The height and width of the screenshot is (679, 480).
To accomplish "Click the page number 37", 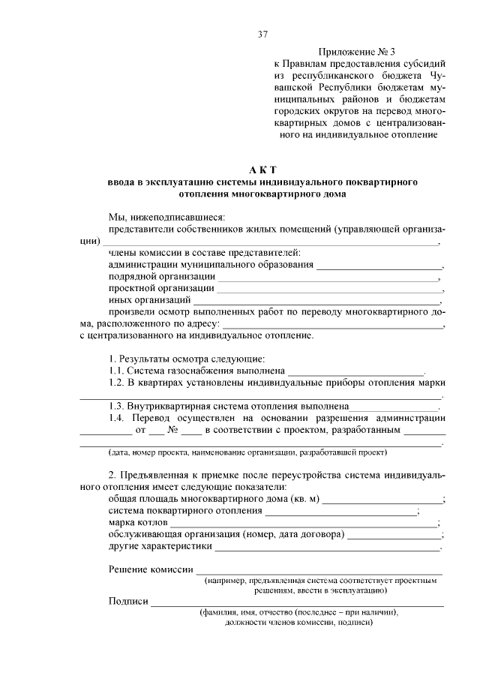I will point(262,35).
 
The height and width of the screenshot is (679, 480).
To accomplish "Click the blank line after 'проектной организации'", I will point(329,290).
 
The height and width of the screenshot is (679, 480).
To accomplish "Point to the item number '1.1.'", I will point(116,370).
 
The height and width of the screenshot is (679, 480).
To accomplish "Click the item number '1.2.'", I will point(116,382).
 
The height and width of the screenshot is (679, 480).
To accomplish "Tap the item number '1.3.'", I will point(116,406).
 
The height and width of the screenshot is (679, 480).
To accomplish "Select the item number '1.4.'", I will point(117,418).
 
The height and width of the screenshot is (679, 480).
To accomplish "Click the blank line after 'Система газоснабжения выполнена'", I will point(355,371).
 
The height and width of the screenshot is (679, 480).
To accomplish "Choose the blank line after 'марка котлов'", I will point(304,524).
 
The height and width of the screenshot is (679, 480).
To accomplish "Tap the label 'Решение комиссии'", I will point(151,571).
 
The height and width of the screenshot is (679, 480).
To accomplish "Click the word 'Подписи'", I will point(128,602).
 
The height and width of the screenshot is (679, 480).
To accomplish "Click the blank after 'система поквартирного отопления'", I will point(341,512).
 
